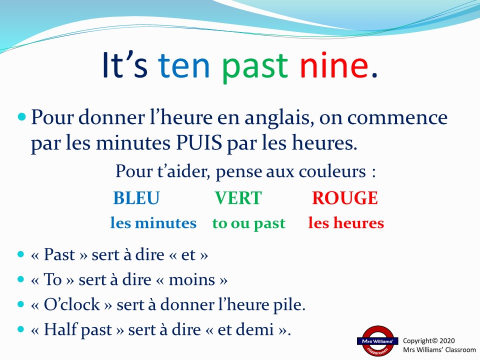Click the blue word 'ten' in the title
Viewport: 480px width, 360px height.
tap(183, 65)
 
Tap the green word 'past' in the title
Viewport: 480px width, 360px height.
tap(254, 68)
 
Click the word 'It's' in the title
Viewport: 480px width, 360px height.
tap(124, 64)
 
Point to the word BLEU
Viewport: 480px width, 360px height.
tap(136, 198)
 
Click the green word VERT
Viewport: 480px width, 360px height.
tap(238, 198)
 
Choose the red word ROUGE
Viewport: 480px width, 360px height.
tap(345, 198)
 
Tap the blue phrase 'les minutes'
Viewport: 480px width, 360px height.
tap(153, 223)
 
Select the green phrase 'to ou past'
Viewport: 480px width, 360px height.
tap(248, 223)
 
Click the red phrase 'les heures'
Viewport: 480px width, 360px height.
tap(346, 222)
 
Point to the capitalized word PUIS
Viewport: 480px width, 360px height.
tap(199, 142)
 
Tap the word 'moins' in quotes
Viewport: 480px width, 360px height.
tap(192, 279)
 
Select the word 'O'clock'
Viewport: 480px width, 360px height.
tap(72, 304)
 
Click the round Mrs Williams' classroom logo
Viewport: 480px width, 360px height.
tap(377, 341)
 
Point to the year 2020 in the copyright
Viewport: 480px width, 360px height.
tap(447, 340)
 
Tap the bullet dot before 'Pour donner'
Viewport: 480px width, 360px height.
tap(21, 116)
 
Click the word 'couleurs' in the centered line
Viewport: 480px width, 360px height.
tap(332, 171)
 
